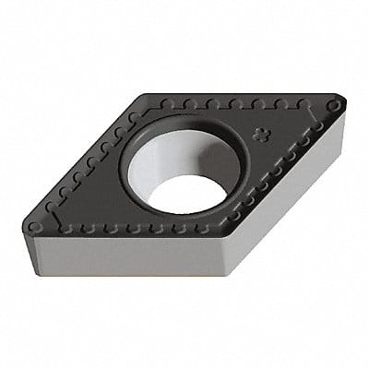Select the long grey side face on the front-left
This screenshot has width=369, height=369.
pyautogui.click(x=129, y=254)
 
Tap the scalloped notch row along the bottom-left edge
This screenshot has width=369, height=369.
pyautogui.click(x=138, y=226)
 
